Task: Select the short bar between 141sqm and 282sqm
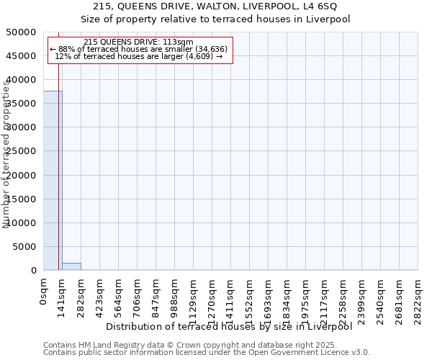click(71, 266)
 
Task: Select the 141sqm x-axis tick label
click(63, 294)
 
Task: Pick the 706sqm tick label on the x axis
click(138, 294)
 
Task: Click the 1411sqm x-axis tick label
click(231, 297)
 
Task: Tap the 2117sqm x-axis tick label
click(325, 297)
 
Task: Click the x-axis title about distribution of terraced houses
click(233, 326)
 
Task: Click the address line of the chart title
click(215, 6)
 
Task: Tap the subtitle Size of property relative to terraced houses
click(215, 19)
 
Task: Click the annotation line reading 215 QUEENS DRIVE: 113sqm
click(138, 42)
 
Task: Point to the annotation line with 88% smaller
click(138, 49)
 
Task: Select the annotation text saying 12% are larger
click(138, 56)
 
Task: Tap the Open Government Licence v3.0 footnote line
click(207, 353)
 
